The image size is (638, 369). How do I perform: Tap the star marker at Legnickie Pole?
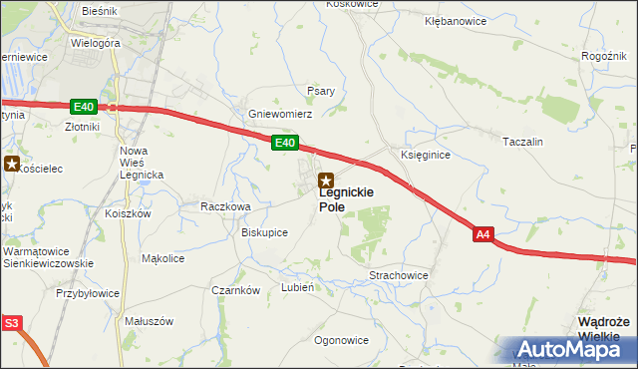click(x=325, y=182)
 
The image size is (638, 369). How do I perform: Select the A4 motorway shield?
click(x=483, y=234)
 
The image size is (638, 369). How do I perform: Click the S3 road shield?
click(x=11, y=323)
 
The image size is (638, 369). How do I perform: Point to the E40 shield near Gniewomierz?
click(x=285, y=145)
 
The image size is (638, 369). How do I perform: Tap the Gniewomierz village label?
click(x=281, y=115)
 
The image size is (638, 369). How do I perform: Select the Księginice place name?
click(x=426, y=156)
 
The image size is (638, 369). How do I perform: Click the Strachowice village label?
click(x=399, y=274)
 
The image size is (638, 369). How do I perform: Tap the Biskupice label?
click(x=265, y=232)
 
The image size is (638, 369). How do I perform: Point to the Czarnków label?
click(x=236, y=290)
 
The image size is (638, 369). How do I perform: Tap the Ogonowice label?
click(x=341, y=340)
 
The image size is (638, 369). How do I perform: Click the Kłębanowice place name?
click(x=456, y=20)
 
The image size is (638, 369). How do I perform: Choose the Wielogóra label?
click(x=96, y=44)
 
